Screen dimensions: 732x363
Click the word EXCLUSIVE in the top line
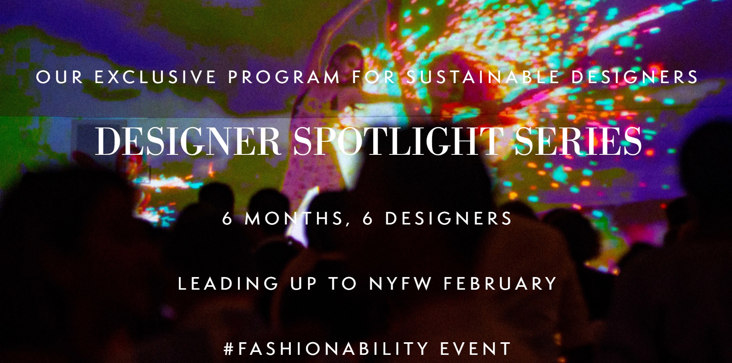(155, 77)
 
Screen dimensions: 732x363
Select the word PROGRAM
(284, 77)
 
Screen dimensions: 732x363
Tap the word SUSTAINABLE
(483, 77)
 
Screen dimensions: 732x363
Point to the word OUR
(59, 77)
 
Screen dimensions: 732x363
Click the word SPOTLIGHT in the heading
(397, 141)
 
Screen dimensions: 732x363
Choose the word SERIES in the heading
(578, 141)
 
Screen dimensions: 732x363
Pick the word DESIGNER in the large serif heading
(188, 141)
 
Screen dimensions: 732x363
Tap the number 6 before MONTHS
(227, 219)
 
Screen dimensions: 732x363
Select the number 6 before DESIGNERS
(368, 219)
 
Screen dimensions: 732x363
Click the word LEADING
(228, 284)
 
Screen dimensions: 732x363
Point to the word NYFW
(400, 284)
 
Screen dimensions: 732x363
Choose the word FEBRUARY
(500, 284)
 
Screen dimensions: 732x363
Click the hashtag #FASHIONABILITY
(326, 349)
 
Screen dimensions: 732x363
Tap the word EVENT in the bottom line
(476, 349)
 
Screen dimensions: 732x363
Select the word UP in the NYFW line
(303, 284)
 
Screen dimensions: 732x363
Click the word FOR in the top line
(374, 77)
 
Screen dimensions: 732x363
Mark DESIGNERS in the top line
(635, 77)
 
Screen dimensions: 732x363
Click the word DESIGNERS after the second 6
(448, 219)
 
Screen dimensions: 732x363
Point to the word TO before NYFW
(343, 284)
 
